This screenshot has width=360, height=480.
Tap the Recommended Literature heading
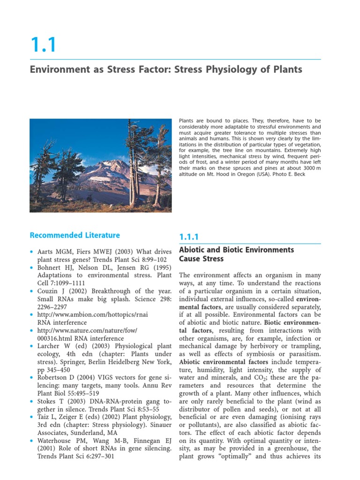(75, 235)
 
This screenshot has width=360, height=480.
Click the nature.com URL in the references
(87, 330)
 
